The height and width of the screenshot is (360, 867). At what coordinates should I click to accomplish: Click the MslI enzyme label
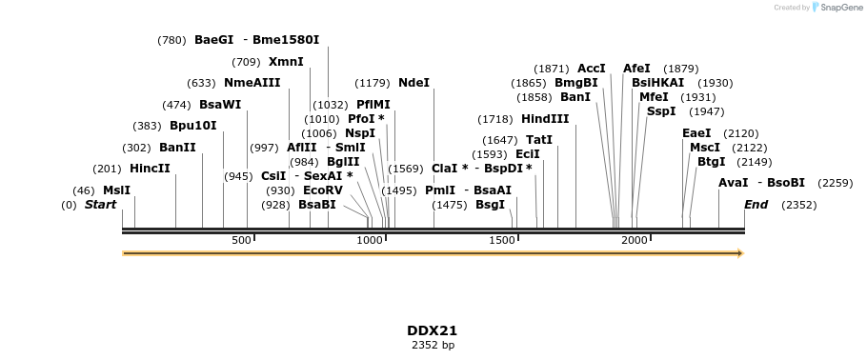click(116, 190)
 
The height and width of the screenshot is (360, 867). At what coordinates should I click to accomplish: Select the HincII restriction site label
click(150, 169)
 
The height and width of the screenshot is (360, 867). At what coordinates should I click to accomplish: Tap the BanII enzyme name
click(177, 148)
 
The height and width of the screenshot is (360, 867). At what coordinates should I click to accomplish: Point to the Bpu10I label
click(192, 126)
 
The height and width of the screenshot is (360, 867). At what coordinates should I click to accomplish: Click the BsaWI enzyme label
click(220, 105)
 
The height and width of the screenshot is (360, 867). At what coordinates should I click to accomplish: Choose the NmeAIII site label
click(252, 83)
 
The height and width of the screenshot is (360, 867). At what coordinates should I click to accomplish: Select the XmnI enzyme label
click(286, 62)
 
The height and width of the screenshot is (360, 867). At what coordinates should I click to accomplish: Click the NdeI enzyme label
click(413, 83)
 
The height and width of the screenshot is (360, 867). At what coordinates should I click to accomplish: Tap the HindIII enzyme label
click(545, 119)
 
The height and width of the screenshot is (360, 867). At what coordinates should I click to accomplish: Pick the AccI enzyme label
click(592, 69)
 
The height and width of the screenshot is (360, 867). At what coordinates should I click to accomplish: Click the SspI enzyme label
click(661, 111)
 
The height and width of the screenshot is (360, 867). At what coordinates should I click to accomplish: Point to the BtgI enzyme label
click(711, 162)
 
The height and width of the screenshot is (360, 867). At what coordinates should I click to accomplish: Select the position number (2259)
click(836, 183)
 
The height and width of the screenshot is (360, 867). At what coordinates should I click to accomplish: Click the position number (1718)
click(495, 119)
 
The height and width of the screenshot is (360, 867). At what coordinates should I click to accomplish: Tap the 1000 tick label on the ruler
click(370, 241)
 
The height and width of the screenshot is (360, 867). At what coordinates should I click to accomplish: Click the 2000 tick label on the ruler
click(634, 241)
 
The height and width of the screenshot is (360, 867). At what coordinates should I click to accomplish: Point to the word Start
click(100, 205)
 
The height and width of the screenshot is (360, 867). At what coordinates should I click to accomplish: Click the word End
click(756, 205)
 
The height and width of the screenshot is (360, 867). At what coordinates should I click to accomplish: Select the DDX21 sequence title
click(433, 330)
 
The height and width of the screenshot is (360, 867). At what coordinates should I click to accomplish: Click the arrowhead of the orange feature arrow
click(738, 253)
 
